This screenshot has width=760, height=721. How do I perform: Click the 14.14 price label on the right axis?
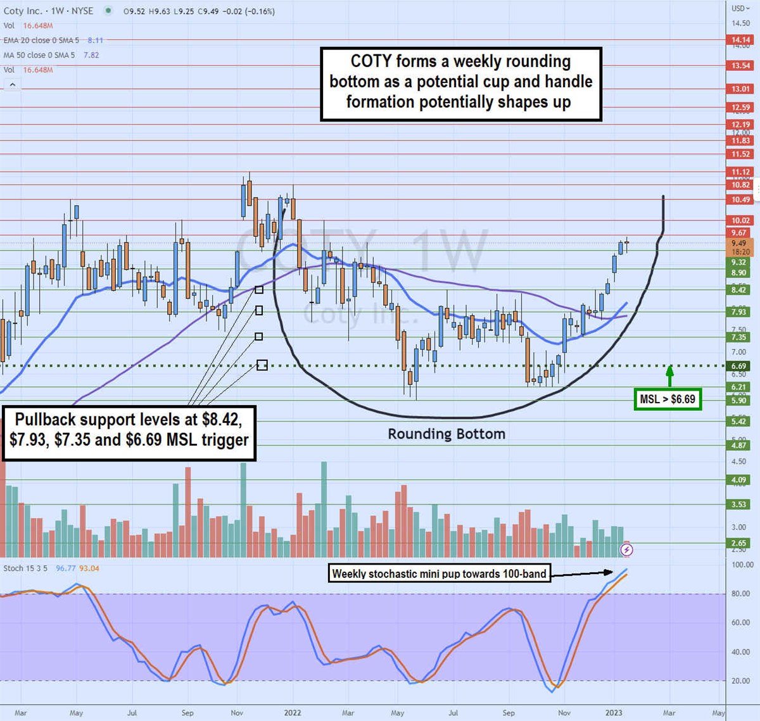[740, 40]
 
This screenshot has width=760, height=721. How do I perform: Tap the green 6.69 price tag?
[738, 366]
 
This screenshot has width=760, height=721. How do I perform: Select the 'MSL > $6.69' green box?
[668, 399]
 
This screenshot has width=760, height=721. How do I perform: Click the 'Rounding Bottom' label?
[446, 434]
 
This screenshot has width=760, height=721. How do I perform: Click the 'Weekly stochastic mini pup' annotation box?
[439, 574]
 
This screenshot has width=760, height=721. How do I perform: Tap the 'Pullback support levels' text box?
[129, 429]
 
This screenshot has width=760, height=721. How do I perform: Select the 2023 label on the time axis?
[613, 713]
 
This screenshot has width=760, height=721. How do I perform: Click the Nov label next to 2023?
[564, 713]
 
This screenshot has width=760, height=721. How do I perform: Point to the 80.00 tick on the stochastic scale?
[742, 594]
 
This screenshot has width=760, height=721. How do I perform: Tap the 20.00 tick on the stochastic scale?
[742, 681]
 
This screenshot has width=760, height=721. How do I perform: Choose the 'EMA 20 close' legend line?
[41, 41]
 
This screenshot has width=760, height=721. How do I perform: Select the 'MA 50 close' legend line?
[39, 55]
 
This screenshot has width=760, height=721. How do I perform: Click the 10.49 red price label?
[740, 199]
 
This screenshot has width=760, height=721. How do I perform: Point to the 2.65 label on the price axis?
[738, 543]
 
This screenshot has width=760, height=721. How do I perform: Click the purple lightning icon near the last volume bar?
[626, 549]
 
